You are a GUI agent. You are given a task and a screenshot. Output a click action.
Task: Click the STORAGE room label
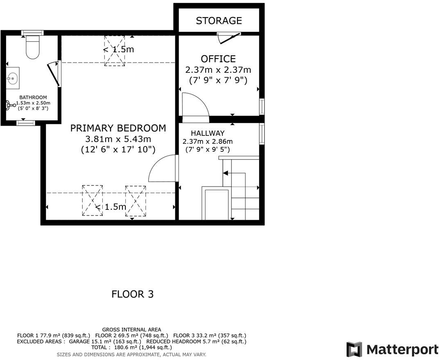[219, 20]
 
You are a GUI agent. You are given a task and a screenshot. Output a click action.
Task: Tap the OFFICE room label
[218, 59]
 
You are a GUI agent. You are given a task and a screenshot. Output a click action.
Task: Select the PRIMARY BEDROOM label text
[118, 128]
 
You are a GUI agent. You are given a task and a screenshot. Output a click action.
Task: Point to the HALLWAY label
[208, 133]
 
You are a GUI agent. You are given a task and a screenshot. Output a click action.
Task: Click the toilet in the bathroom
[32, 47]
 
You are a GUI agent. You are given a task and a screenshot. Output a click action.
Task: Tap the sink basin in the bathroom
[12, 77]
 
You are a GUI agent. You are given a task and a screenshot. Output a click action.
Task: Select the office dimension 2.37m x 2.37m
[218, 70]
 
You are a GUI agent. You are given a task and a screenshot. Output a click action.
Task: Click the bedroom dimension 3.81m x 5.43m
[118, 139]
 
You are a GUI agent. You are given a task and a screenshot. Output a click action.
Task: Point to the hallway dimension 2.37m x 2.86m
[208, 142]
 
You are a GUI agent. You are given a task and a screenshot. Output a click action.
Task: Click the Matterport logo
[392, 349]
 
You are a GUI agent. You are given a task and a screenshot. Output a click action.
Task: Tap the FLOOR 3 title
[132, 294]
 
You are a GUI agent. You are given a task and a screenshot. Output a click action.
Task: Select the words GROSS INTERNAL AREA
[131, 329]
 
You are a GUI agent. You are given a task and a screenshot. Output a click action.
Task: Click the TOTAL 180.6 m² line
[131, 347]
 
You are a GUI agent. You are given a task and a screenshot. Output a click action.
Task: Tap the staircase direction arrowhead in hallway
[225, 173]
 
